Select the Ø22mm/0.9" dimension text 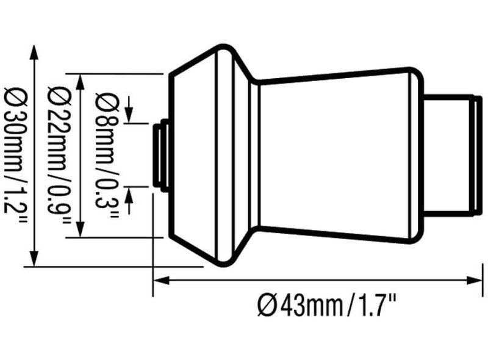coord(59,155)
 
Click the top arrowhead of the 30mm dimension coord(34,52)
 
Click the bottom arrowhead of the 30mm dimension coord(34,259)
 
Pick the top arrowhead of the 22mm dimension coord(81,82)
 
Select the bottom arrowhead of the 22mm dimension coord(81,229)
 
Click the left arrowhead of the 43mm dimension coord(161,280)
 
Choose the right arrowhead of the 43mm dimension coord(475,280)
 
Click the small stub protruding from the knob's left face coord(161,155)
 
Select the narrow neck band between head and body coord(254,155)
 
